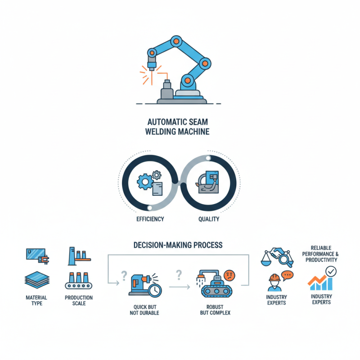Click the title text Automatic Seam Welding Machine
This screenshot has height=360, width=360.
click(x=177, y=126)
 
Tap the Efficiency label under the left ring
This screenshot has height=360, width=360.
click(x=150, y=219)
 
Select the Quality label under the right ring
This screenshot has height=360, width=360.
click(x=209, y=219)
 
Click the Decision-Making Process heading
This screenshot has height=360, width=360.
click(x=178, y=245)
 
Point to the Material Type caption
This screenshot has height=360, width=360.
click(x=36, y=300)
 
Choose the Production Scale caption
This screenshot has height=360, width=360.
click(x=79, y=300)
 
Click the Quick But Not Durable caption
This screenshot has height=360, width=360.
click(x=144, y=310)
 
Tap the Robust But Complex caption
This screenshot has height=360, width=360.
click(x=215, y=310)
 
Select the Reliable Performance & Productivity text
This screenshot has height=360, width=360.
click(x=320, y=254)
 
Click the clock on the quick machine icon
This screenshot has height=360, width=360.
click(x=155, y=290)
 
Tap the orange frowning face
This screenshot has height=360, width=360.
click(x=229, y=275)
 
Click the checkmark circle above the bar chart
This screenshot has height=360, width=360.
click(x=331, y=272)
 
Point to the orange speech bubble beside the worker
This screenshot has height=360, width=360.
click(x=287, y=275)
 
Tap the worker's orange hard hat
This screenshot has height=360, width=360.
click(x=274, y=278)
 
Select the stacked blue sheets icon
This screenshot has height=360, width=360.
click(x=37, y=279)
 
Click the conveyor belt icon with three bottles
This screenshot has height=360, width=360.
click(x=79, y=280)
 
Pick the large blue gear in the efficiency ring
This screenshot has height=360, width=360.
click(x=145, y=182)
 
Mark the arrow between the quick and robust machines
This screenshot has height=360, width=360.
click(x=180, y=287)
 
